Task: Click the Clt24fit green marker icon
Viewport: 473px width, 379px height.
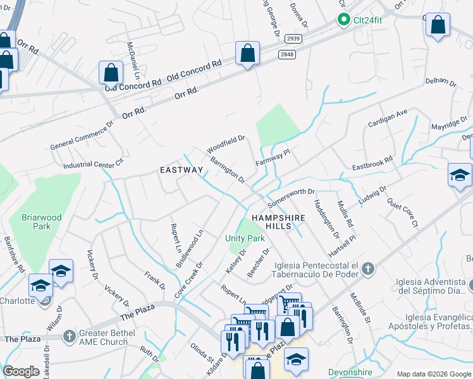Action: click(344, 20)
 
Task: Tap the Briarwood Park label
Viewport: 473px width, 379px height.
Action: click(42, 222)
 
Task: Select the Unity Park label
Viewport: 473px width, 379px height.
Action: click(245, 238)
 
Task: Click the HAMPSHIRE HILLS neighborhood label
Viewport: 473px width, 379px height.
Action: click(278, 222)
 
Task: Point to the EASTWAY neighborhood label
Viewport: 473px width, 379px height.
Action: click(181, 170)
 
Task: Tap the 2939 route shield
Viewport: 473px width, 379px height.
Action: click(293, 39)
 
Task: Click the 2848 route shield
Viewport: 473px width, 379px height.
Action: click(286, 54)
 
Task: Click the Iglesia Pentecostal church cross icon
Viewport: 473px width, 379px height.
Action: click(368, 270)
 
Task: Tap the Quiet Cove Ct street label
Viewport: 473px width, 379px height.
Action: click(403, 214)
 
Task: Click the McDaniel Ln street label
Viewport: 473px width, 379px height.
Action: click(132, 61)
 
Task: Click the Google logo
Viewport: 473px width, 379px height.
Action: click(21, 371)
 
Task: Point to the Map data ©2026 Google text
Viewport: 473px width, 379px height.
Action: click(434, 373)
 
